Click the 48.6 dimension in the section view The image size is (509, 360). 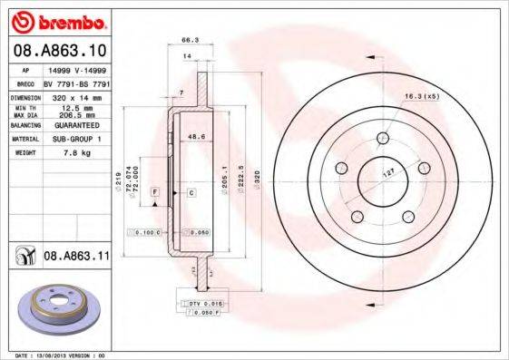[193, 137]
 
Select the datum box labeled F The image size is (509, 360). [155, 193]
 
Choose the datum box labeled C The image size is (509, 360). [192, 193]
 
